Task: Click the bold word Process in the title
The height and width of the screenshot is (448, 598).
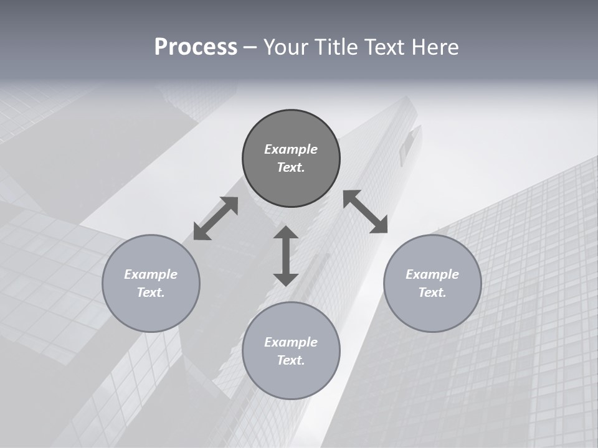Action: pos(196,47)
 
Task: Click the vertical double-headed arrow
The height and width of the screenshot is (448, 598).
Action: pos(286,256)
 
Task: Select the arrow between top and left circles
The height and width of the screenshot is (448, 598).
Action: pos(216,218)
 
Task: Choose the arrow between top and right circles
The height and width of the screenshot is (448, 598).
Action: pos(366,212)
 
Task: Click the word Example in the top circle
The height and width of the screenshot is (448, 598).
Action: pos(291,149)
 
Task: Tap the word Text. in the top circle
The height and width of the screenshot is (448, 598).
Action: pos(291,167)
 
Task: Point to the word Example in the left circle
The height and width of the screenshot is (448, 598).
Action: pos(151,274)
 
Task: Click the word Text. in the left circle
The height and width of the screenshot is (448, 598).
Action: pos(151,292)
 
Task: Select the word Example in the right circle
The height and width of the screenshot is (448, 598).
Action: pos(432,274)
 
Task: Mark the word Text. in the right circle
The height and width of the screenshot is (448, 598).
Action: pos(432,292)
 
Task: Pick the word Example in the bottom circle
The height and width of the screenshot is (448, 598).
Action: pos(291,342)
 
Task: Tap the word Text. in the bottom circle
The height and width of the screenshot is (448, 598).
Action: pos(291,360)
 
